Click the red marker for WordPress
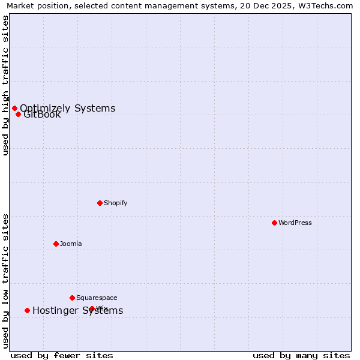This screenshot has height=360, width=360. [x=274, y=223]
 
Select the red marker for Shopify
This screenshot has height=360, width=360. [x=100, y=203]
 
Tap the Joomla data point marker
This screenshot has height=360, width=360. [x=56, y=244]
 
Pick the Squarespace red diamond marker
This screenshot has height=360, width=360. [x=72, y=298]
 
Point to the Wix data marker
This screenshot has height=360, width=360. [x=92, y=308]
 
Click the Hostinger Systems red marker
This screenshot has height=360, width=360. [x=27, y=310]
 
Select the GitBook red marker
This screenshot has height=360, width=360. [x=18, y=114]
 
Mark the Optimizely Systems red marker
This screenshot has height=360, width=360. [x=14, y=108]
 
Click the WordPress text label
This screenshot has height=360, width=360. [x=295, y=223]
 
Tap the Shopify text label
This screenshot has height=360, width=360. [x=116, y=203]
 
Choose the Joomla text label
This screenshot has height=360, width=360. [x=71, y=244]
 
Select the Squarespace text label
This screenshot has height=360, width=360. [x=97, y=298]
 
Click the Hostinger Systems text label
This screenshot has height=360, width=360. [x=77, y=310]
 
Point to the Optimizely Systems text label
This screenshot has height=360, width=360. [x=67, y=108]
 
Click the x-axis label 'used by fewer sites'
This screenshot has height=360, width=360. [x=62, y=355]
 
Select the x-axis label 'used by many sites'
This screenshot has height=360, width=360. [x=301, y=355]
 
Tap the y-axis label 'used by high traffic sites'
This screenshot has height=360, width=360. [x=5, y=85]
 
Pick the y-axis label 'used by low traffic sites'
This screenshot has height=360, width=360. [x=5, y=281]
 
